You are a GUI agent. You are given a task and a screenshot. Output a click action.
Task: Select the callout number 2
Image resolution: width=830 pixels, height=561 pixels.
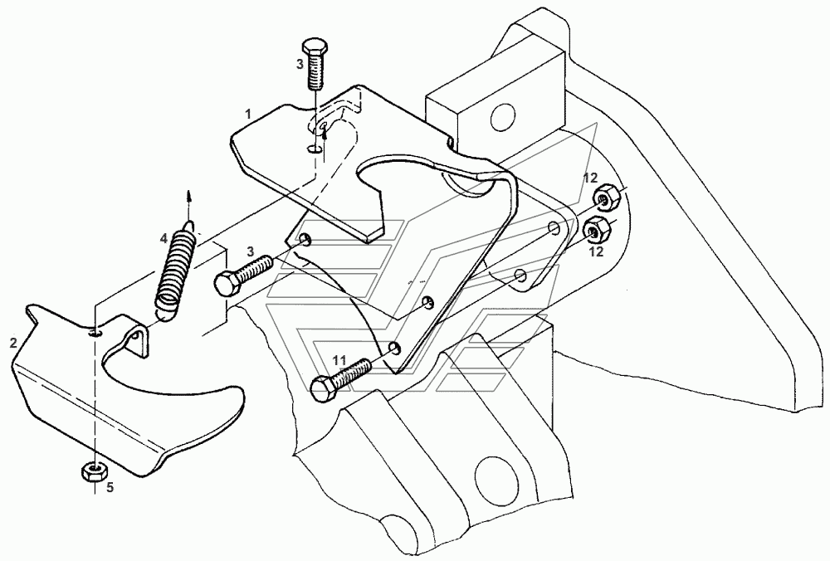(13, 341)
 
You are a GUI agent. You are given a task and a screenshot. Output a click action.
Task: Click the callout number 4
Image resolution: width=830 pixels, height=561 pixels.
(164, 239)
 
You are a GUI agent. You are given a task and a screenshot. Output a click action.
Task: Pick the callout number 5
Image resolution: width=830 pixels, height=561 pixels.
(109, 488)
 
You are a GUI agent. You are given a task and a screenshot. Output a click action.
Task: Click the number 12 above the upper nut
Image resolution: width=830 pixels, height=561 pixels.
(589, 178)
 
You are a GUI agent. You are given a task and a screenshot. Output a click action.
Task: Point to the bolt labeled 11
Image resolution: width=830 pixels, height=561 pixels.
(340, 378)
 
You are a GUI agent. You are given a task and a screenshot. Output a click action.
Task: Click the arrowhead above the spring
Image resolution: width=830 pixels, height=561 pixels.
(188, 195)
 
